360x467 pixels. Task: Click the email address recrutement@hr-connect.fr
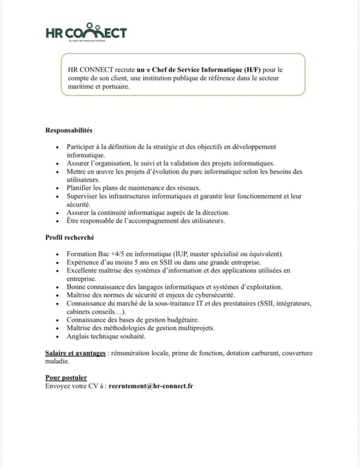tap(151, 386)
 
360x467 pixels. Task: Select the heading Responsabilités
tap(69, 130)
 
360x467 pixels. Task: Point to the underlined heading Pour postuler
tap(66, 378)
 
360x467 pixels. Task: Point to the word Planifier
tap(80, 187)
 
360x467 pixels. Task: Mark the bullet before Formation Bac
tap(56, 254)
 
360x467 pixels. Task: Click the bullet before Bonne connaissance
tap(56, 287)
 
